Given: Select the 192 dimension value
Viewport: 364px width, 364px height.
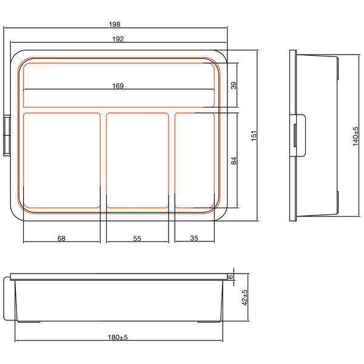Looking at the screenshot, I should [x=118, y=39].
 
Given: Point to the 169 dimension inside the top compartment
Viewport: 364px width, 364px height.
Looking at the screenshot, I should [x=118, y=86].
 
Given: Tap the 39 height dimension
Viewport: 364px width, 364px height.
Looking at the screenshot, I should [x=234, y=85].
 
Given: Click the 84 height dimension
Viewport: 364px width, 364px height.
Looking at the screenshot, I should [x=234, y=161].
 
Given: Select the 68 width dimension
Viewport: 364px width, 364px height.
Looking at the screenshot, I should [x=61, y=238].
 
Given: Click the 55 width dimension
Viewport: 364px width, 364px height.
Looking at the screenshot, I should [x=137, y=238].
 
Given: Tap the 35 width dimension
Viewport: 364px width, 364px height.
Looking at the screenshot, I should [x=194, y=238].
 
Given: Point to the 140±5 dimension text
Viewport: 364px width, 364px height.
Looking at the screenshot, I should [x=356, y=136].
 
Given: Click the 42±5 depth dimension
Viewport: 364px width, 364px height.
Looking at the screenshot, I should [x=244, y=298].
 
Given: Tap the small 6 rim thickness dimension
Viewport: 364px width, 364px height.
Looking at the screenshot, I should [x=231, y=277].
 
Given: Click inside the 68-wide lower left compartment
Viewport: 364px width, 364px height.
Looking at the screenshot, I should [x=61, y=160].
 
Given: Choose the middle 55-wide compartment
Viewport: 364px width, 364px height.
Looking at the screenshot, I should [x=137, y=160].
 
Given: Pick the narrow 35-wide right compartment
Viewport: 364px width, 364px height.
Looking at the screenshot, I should [x=195, y=160].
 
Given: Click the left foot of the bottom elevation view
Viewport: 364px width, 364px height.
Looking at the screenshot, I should [x=30, y=320].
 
